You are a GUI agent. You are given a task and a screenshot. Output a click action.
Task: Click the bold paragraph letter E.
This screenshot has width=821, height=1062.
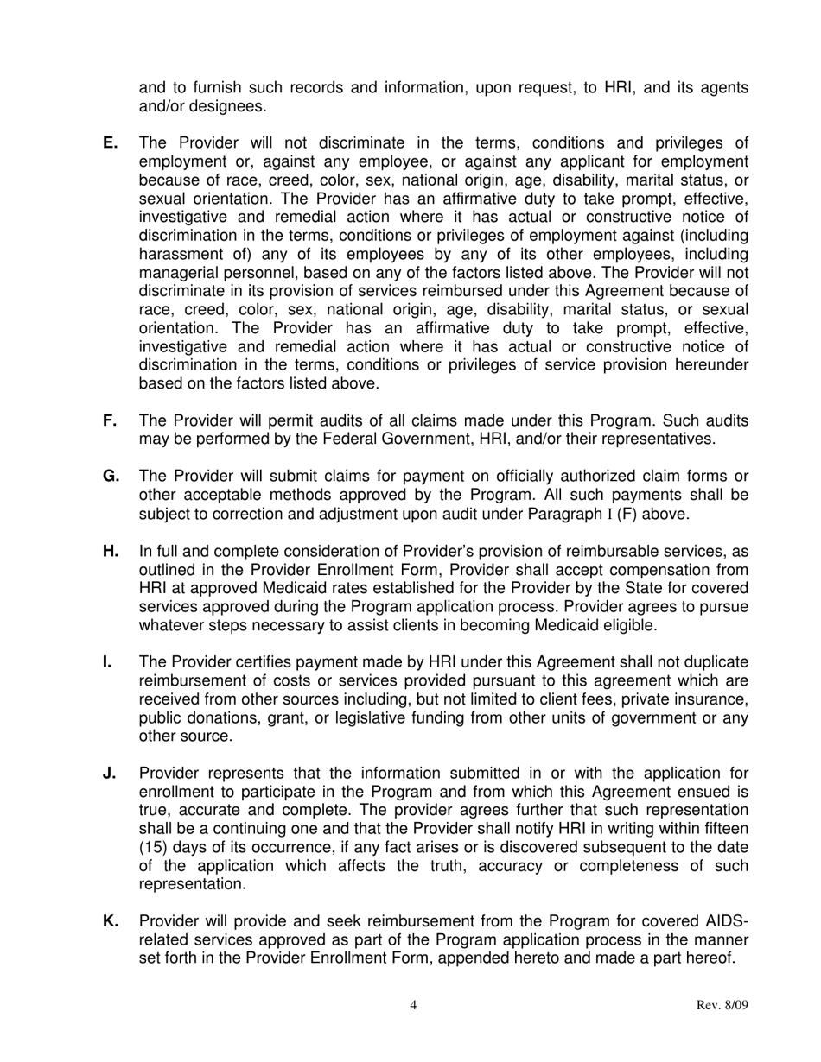pyautogui.click(x=109, y=143)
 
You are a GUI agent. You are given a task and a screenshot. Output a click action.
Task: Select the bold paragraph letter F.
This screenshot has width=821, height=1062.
pyautogui.click(x=109, y=420)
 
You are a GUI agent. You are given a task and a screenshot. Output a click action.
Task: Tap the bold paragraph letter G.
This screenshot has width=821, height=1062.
pyautogui.click(x=111, y=477)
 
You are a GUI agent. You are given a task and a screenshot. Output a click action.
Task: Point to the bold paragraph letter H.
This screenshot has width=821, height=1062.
pyautogui.click(x=111, y=552)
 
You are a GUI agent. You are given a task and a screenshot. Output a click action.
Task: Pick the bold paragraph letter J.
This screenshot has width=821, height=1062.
pyautogui.click(x=109, y=773)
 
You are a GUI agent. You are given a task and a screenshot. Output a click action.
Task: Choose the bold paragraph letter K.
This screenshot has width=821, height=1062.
pyautogui.click(x=111, y=921)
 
